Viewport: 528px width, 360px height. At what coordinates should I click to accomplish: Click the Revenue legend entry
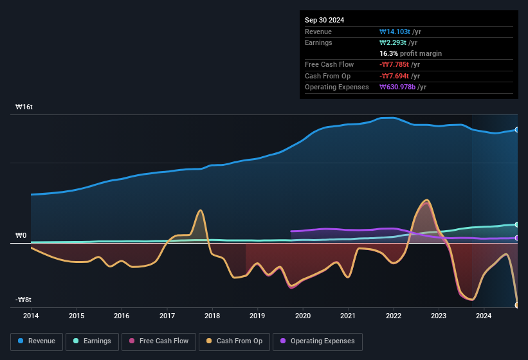tap(37, 341)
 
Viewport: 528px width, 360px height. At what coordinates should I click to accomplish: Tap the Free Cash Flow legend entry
tap(159, 341)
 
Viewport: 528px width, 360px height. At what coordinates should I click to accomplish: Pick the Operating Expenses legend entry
tap(318, 341)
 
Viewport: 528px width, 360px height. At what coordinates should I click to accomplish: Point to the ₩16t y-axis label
tap(24, 107)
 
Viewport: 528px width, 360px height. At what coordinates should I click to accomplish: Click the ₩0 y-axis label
tap(21, 235)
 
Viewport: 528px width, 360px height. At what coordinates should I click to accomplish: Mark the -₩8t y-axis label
tap(24, 300)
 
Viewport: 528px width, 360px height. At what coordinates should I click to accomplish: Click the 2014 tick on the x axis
tap(31, 316)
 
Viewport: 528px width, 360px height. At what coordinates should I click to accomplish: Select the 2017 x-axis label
tap(167, 316)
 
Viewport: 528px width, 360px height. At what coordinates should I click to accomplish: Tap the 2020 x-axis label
tap(303, 316)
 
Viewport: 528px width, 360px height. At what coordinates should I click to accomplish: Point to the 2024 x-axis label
tap(484, 316)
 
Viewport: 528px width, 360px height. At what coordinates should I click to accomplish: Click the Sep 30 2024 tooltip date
tap(325, 20)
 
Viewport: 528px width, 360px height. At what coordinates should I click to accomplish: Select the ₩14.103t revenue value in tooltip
tap(400, 32)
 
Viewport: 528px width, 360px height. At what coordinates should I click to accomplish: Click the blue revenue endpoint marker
tap(517, 130)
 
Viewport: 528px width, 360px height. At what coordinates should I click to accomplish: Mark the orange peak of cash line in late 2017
tap(201, 210)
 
